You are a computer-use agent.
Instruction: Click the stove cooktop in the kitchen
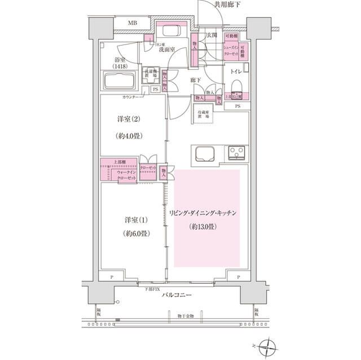pos(237,153)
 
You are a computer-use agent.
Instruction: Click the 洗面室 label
pos(166,50)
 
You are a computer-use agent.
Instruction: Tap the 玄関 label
pos(212,35)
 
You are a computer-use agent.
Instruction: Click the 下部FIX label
pos(152,289)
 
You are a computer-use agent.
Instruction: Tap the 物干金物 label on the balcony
pos(184,317)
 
